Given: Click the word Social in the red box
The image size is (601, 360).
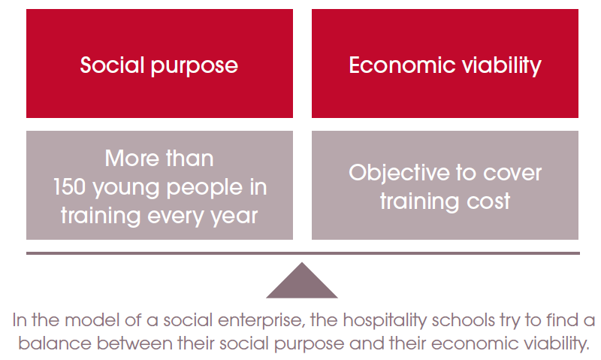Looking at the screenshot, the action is [x=112, y=65].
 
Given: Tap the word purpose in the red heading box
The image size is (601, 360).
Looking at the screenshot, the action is [x=195, y=67].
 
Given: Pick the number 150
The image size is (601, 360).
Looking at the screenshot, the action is [x=69, y=186].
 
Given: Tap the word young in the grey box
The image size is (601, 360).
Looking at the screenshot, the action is [x=126, y=189].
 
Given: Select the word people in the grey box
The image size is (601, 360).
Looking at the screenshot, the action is [x=204, y=189].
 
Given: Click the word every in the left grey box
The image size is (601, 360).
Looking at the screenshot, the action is [x=176, y=217].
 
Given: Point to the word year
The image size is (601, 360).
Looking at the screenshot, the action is [x=234, y=217].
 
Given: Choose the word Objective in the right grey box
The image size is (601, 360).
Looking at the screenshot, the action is [x=399, y=174].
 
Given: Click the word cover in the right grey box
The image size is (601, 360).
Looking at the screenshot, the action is [x=512, y=174].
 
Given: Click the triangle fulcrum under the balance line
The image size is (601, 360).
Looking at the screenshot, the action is [x=302, y=283].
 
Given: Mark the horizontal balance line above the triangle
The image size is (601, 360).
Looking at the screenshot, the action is [x=303, y=253].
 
